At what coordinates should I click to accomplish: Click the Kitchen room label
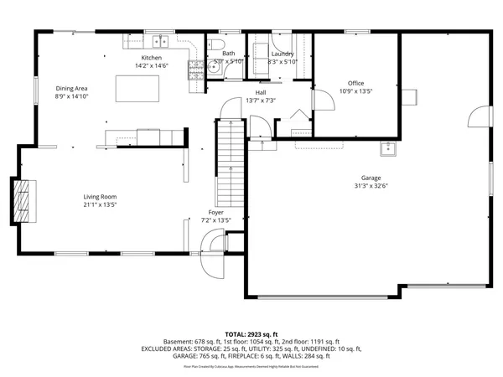(151, 58)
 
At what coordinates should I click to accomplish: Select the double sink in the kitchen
(158, 41)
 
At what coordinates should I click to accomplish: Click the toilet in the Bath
(215, 44)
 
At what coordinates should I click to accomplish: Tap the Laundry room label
(283, 54)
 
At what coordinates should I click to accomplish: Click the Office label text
(355, 82)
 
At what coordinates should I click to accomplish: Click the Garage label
(371, 178)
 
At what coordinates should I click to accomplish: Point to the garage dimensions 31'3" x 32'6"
(371, 186)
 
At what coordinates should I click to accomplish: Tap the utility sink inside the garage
(387, 149)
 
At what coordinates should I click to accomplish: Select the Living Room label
(100, 197)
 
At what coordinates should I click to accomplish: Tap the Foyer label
(215, 213)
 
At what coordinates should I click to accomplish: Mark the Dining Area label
(71, 88)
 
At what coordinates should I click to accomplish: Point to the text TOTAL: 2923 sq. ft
(251, 333)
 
